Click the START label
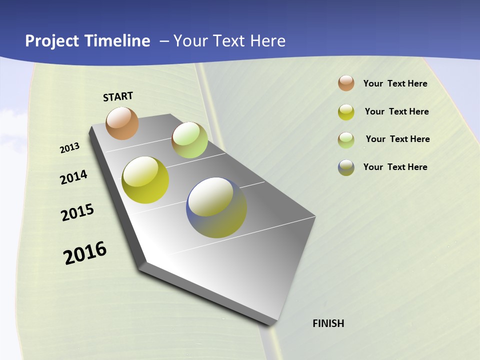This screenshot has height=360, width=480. click(118, 96)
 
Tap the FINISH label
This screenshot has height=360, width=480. click(328, 323)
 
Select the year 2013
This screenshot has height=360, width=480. click(70, 148)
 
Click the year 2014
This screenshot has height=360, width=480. click(73, 177)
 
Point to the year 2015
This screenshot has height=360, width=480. click(77, 212)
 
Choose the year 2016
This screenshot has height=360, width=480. click(85, 253)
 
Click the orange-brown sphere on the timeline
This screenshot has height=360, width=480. click(122, 123)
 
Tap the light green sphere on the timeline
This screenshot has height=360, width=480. click(189, 140)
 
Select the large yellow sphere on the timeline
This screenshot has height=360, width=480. click(145, 180)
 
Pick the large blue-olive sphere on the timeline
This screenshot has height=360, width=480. click(216, 207)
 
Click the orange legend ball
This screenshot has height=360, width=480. click(346, 83)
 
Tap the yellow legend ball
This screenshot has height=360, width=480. click(346, 112)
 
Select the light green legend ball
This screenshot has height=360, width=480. click(346, 140)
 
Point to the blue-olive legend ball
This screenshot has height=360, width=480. click(346, 168)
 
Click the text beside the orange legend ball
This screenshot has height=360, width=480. click(395, 83)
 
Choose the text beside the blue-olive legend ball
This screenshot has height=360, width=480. click(395, 167)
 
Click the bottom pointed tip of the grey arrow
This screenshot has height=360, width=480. click(273, 324)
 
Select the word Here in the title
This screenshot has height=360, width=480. click(268, 41)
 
